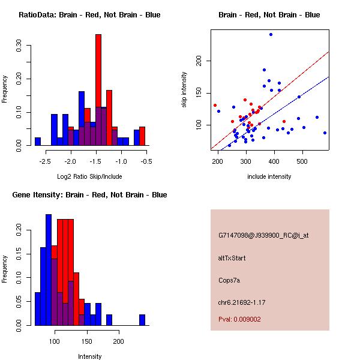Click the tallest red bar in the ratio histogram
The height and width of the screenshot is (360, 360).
[98, 90]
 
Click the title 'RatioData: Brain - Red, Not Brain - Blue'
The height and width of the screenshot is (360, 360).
[89, 15]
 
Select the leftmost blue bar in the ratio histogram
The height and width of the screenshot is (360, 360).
[37, 142]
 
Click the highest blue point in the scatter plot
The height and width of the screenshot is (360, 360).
[271, 35]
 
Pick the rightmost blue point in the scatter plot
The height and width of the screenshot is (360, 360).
[325, 133]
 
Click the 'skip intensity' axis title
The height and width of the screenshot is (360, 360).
[185, 90]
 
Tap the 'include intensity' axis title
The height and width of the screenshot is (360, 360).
[269, 176]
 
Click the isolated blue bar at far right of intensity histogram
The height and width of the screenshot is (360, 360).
[142, 320]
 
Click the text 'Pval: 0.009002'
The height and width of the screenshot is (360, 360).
[239, 319]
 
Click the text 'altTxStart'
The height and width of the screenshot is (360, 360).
[232, 258]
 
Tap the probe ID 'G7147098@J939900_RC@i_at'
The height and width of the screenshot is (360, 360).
[263, 236]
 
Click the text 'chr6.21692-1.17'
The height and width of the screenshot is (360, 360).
[241, 301]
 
